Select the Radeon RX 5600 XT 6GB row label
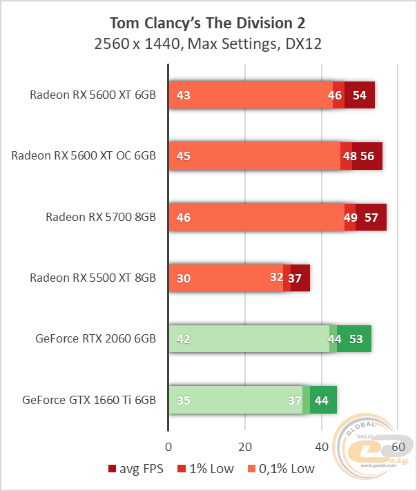point(93,95)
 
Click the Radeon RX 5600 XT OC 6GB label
point(84,156)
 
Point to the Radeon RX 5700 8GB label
point(101,217)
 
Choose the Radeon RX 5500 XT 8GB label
point(93,278)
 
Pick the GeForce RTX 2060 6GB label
point(96,338)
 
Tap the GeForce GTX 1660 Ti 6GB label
point(89,399)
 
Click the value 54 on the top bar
point(360,95)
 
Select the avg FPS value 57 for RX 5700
point(371,217)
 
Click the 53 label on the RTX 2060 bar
point(356,338)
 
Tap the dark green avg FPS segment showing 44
point(322,399)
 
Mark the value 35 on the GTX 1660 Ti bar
point(184,399)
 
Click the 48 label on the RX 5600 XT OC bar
point(350,156)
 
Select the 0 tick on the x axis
point(168,445)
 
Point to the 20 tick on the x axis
point(245,445)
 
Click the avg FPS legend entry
point(137,469)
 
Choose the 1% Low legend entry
point(209,469)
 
